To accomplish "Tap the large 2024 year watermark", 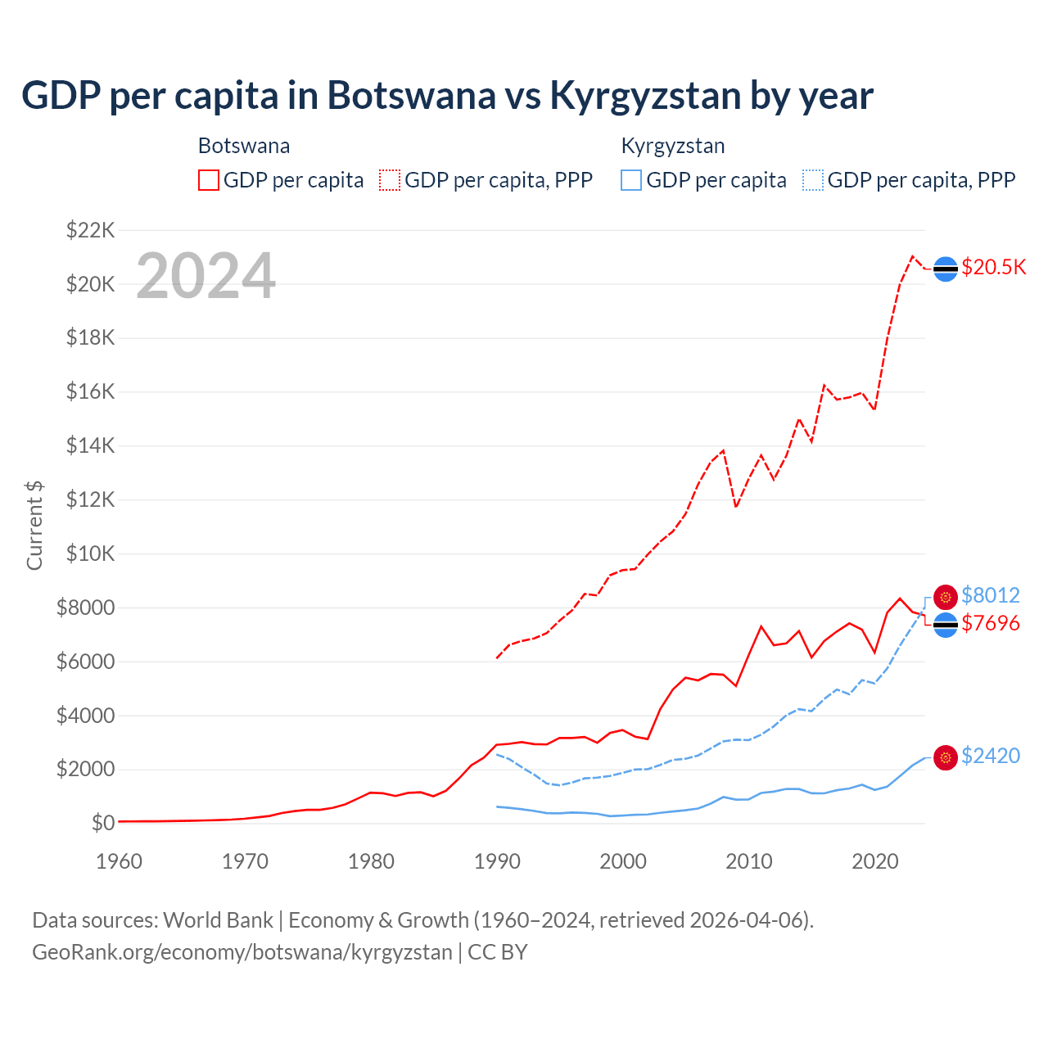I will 206,276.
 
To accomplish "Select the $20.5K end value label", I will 993,268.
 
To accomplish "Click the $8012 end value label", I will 990,595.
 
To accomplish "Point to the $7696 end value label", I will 990,623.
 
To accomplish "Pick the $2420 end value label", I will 990,756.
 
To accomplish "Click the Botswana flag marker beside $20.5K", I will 946,269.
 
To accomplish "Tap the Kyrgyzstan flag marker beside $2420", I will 946,757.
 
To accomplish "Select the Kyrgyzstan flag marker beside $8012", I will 946,597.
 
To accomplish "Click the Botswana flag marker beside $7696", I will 946,625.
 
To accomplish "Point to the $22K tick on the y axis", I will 90,230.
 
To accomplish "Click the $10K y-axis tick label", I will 90,553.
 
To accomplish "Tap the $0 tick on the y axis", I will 102,823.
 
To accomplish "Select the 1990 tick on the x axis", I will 497,861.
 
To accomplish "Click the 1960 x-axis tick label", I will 120,861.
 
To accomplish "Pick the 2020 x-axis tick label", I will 875,861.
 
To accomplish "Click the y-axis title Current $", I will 34,525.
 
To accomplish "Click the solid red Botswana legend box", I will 209,180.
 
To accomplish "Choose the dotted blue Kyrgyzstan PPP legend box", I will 813,180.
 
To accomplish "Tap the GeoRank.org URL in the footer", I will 242,952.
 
